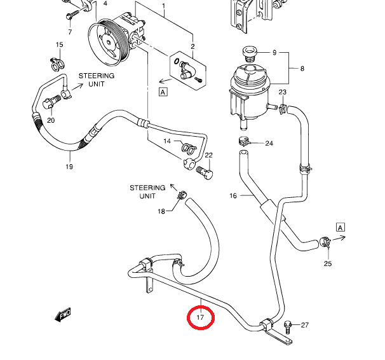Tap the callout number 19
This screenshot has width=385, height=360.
coord(69,167)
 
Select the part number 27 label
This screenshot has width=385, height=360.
coord(304,325)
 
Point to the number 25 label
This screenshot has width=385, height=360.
coord(328,263)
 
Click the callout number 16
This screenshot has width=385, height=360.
coord(233,196)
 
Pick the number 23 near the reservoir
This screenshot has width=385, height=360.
coord(283,93)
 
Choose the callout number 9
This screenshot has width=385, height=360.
coord(275,52)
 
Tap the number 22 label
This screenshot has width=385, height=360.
coord(208,155)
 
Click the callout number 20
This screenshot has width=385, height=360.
coord(51,120)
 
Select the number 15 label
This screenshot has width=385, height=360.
coord(59,45)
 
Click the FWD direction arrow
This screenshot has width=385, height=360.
coord(63,314)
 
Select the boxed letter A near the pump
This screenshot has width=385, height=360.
coord(163,92)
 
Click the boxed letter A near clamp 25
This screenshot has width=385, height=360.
coord(341,227)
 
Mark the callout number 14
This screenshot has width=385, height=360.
coord(168,141)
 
